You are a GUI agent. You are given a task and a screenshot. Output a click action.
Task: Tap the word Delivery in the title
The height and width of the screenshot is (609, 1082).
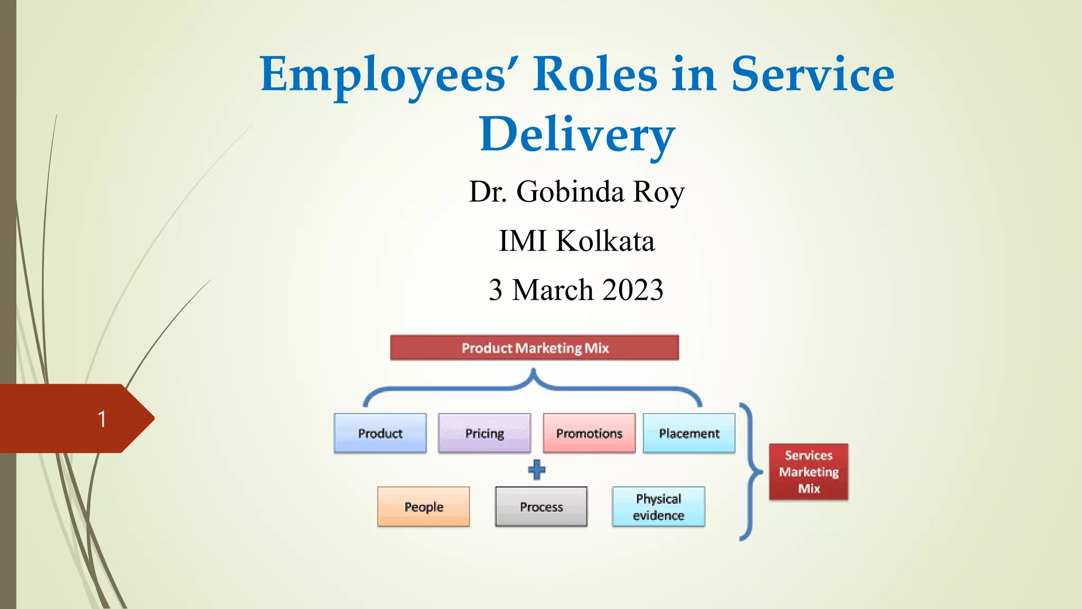(577, 134)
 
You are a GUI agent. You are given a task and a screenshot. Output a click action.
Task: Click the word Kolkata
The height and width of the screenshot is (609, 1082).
(605, 241)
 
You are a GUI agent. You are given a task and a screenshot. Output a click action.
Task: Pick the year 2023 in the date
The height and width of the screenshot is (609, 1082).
(632, 290)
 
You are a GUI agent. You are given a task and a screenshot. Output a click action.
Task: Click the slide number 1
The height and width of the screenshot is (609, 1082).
(102, 419)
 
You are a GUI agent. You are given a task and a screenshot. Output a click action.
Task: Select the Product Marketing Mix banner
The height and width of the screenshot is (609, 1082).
(535, 348)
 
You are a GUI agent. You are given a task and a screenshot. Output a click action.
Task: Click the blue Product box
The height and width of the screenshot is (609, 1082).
(380, 433)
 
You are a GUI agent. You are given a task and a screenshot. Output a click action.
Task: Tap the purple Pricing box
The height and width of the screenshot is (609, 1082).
(484, 433)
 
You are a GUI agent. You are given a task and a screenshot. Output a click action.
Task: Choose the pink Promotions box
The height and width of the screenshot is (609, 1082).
(589, 433)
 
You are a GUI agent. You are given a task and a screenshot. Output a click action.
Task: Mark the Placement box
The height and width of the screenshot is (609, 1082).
(689, 433)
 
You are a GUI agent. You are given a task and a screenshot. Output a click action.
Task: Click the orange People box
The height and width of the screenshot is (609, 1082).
(424, 506)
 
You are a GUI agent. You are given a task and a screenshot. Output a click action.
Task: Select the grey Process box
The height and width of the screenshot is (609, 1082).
(541, 506)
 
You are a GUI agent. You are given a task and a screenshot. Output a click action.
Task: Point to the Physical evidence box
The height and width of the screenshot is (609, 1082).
(658, 506)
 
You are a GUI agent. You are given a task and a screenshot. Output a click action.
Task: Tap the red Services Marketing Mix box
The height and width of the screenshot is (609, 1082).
(808, 472)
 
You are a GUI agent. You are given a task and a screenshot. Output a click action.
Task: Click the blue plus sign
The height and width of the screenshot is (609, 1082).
(537, 469)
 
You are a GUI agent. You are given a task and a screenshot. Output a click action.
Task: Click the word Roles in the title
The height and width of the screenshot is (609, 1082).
(595, 75)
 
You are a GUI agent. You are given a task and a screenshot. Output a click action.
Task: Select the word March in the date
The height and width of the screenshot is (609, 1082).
(553, 290)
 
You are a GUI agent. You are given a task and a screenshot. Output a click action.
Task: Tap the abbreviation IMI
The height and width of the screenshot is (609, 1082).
(523, 241)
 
